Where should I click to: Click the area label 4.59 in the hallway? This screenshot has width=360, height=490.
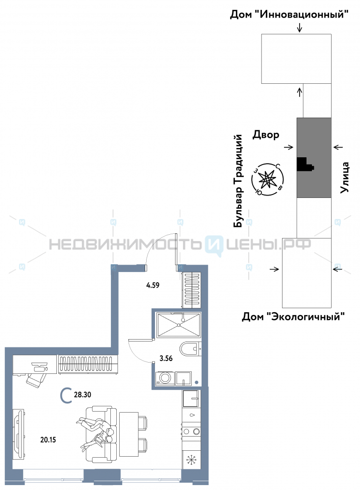tap(153, 284)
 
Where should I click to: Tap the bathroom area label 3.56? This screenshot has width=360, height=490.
tap(167, 357)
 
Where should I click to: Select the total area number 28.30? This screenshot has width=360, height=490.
tap(82, 393)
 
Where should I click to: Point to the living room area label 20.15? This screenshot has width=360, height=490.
tap(48, 440)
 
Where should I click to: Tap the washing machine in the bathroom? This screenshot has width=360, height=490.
tap(164, 378)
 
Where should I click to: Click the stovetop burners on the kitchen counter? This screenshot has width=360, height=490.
tap(191, 431)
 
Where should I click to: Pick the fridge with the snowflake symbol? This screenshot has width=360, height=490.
tap(191, 461)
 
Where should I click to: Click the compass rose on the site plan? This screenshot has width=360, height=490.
tap(267, 179)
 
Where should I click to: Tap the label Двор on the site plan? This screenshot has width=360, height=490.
tap(266, 134)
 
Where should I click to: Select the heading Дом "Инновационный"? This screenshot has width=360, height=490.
tap(292, 14)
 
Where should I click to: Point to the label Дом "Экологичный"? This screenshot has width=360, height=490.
tap(293, 317)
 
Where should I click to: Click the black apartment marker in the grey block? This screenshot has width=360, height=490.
tap(305, 164)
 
